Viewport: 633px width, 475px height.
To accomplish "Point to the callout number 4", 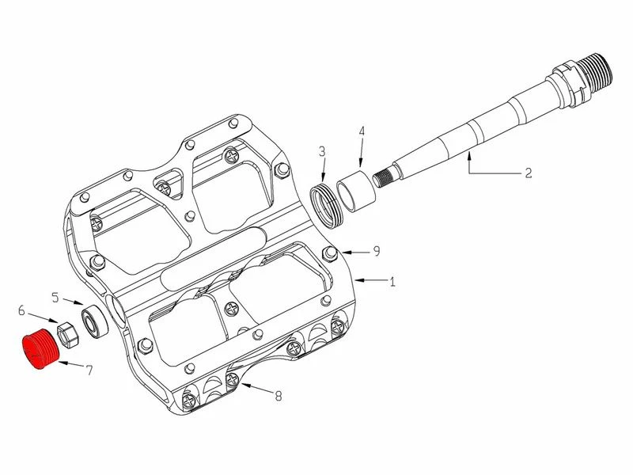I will (361, 131).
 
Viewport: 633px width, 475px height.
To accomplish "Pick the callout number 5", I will (55, 298).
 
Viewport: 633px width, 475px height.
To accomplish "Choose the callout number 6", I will (22, 311).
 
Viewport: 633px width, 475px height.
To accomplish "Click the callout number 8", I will (279, 397).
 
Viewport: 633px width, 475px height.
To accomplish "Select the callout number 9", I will (377, 252).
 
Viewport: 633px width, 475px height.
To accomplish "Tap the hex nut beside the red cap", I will (69, 333).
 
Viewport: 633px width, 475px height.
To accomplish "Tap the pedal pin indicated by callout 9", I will (331, 253).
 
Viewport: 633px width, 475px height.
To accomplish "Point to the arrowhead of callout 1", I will (354, 280).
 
